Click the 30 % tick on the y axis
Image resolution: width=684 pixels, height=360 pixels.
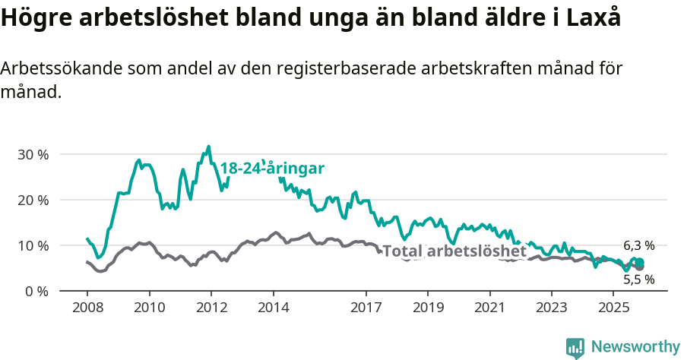pos(33,154)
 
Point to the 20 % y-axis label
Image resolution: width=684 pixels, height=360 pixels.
pos(33,200)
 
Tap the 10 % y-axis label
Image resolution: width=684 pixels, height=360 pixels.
pos(33,245)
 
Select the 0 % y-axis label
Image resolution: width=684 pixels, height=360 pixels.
pos(36,291)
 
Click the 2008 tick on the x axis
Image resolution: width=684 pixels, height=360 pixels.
pos(87,308)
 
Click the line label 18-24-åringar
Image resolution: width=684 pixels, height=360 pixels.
pos(272,169)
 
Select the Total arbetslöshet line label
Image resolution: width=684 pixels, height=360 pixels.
pos(454,251)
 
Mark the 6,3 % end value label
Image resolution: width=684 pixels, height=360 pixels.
pos(638,245)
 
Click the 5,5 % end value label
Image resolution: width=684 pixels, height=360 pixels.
pos(638,279)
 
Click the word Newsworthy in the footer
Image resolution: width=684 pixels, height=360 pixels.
pos(635,347)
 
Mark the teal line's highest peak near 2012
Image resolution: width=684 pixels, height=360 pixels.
pos(209,147)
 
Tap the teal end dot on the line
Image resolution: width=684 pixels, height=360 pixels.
pos(639,262)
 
